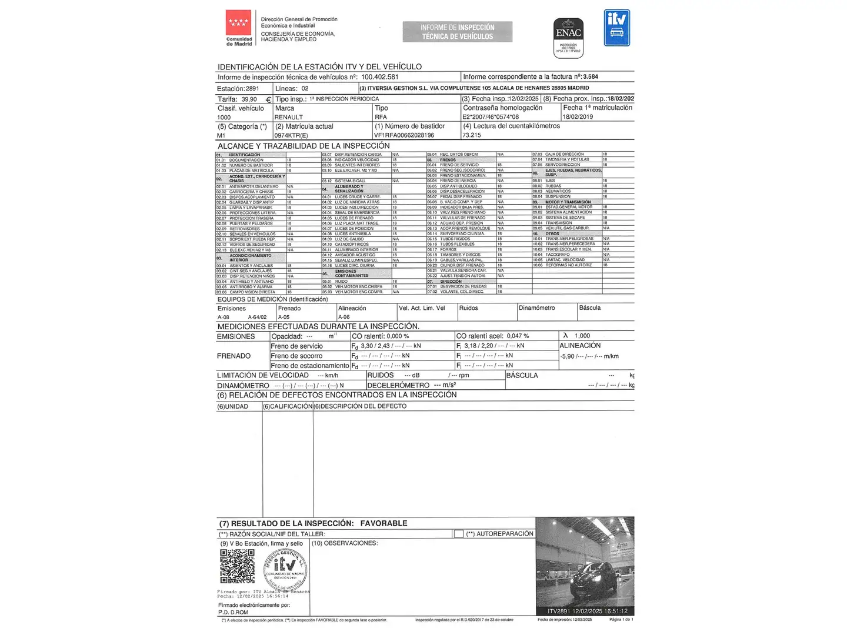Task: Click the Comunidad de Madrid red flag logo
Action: (238, 24)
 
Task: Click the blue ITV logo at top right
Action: (616, 28)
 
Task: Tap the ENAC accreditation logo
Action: (568, 36)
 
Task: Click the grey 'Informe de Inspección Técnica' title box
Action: (458, 32)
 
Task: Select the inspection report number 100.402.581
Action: (379, 77)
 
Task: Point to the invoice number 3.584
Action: (591, 77)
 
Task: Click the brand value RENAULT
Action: (289, 117)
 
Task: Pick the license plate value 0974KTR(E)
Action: (291, 135)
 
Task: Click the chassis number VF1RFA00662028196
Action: (404, 135)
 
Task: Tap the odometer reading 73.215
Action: (472, 135)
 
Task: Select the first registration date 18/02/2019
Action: (578, 117)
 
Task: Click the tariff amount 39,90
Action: (249, 99)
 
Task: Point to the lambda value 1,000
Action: (582, 336)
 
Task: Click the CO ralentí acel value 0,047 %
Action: (518, 336)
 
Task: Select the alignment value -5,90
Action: (568, 356)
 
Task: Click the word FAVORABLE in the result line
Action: (384, 523)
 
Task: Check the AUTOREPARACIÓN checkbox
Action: (459, 534)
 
